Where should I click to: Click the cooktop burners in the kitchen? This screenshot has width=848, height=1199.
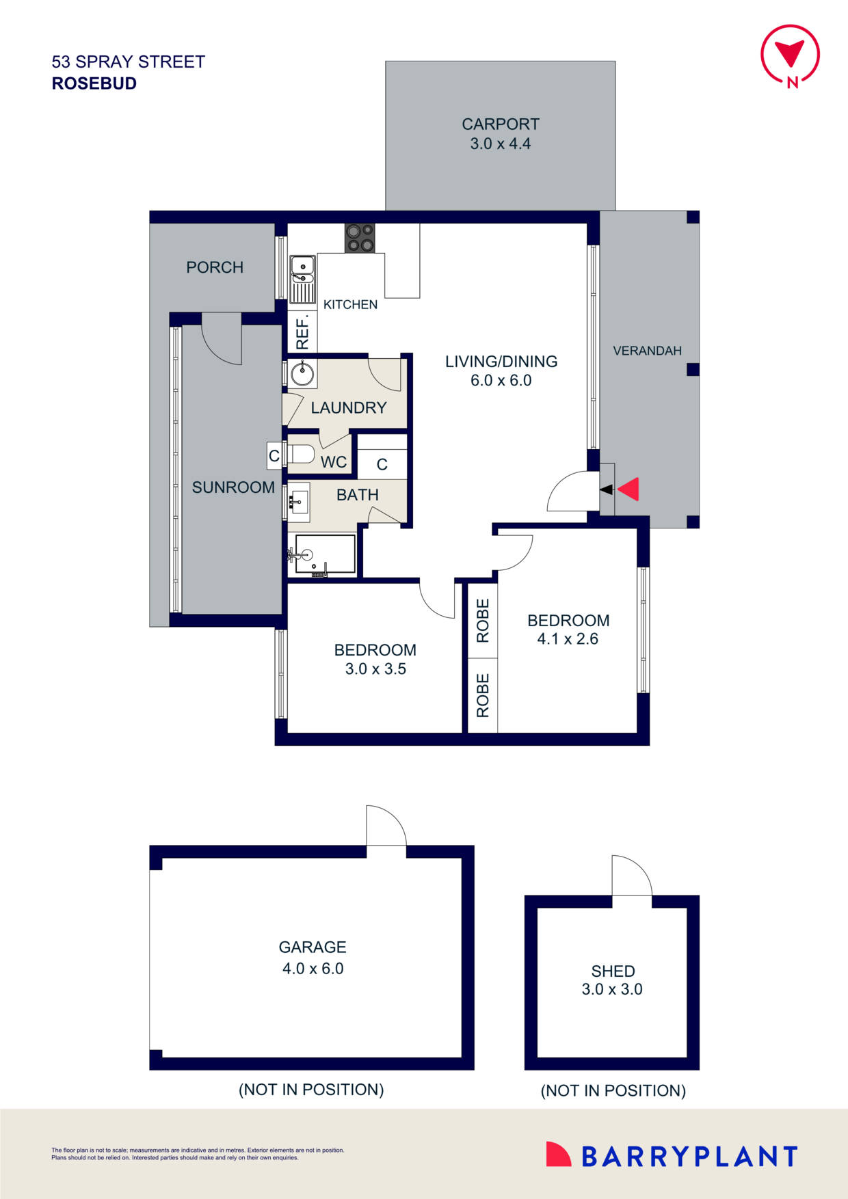click(x=360, y=239)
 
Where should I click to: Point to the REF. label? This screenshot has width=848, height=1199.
click(x=302, y=334)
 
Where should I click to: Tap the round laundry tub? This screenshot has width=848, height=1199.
click(x=301, y=374)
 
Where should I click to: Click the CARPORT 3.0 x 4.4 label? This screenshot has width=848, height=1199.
click(x=501, y=134)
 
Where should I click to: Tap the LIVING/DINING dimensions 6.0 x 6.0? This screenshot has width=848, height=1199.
click(x=501, y=381)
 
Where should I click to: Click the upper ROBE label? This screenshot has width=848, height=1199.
click(x=483, y=621)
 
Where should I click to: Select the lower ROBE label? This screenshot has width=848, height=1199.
click(x=483, y=695)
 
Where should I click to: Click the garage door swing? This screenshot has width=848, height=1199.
click(x=386, y=826)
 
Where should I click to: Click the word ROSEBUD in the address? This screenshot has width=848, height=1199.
click(x=94, y=83)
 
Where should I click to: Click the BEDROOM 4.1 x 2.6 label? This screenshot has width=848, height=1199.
click(x=568, y=630)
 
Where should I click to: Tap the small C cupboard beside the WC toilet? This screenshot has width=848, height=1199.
click(x=274, y=456)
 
